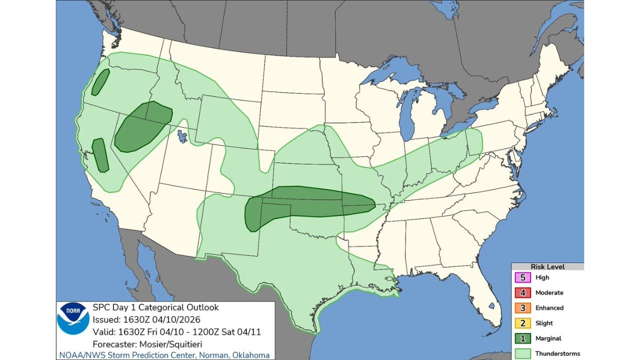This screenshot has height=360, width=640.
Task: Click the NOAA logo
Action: point(73,318)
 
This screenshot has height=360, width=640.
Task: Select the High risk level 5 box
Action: point(522,277)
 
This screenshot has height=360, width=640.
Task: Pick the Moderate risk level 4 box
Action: point(522,292)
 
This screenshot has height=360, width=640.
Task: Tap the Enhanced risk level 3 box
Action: point(522,308)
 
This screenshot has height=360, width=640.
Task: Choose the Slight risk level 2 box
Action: point(522,323)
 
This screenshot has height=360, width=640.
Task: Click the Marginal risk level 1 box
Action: point(522,338)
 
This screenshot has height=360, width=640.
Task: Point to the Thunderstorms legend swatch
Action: point(522,353)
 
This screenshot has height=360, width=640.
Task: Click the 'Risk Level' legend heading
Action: point(547,267)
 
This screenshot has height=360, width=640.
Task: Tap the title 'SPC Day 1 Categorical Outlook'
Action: point(155,307)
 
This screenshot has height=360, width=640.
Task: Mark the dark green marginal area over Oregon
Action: point(100,81)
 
